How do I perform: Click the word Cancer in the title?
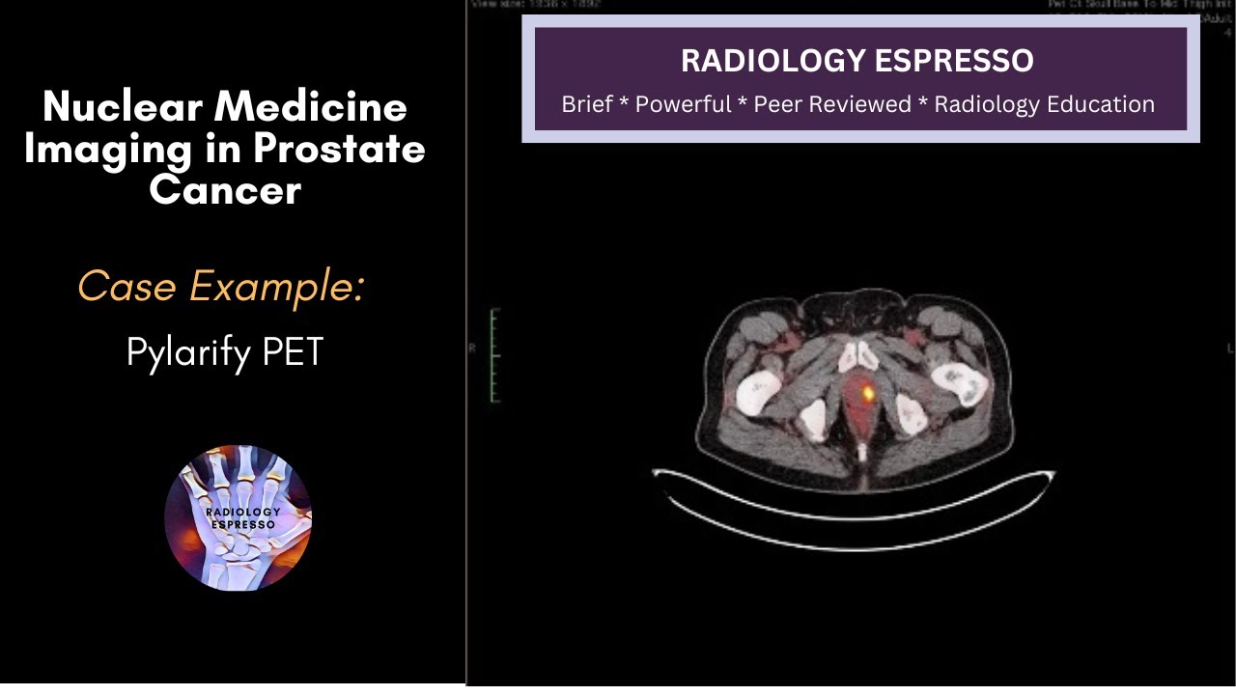coord(225,189)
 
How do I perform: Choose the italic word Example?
coord(276,287)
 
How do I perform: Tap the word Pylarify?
coord(188,352)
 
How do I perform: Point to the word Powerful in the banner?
coord(683,104)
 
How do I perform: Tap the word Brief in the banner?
coord(587,104)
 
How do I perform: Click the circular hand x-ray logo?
coord(238,517)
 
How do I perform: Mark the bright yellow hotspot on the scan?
coord(868,393)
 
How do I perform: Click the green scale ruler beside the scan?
coord(494,355)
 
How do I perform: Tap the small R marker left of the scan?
coord(472,348)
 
